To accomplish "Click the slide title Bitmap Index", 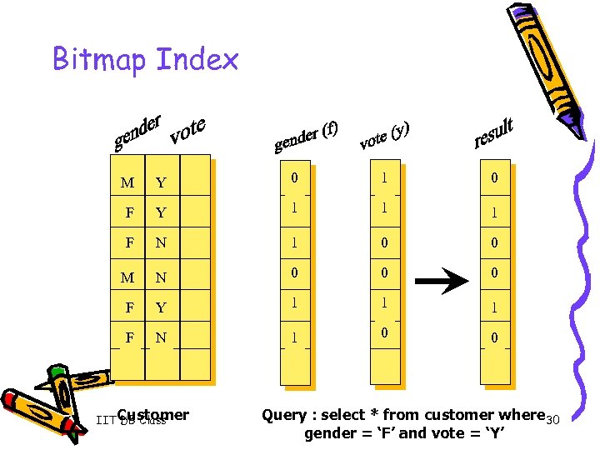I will [146, 59].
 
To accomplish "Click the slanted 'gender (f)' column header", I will [306, 137].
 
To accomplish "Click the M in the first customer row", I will [127, 182].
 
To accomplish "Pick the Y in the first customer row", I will [161, 183].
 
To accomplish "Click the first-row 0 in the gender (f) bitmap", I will [294, 177].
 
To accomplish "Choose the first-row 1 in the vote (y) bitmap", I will [384, 177].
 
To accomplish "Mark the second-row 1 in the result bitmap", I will [494, 213].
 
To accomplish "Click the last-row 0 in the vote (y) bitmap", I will [384, 332].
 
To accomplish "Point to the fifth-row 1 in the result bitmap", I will [494, 307].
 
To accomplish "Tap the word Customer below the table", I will [153, 414].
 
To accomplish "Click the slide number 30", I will [552, 418].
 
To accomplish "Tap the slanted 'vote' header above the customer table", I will [187, 130].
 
